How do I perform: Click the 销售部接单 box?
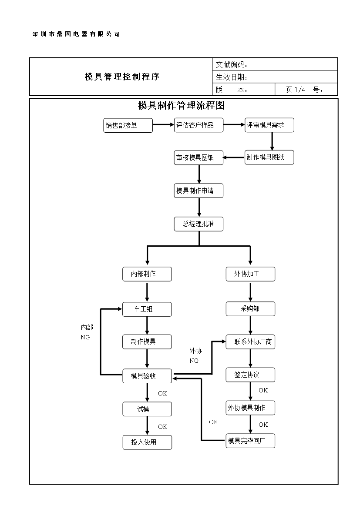tap(128, 125)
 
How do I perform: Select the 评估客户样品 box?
tap(199, 125)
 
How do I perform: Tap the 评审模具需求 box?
tap(269, 125)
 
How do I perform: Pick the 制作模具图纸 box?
tap(269, 157)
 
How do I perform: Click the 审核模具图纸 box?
tap(199, 158)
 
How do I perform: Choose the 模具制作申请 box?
tap(199, 191)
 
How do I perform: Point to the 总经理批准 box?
tap(199, 224)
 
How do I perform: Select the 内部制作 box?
tap(147, 274)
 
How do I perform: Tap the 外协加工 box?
tap(250, 274)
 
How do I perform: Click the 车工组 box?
tap(147, 309)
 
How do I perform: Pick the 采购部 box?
tap(250, 309)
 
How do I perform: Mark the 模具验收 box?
tap(147, 376)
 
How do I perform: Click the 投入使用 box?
tap(147, 442)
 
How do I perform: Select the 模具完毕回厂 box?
tap(250, 441)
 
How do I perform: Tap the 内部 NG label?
tap(87, 332)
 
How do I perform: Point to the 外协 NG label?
tap(195, 355)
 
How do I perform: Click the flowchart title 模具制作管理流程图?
tap(181, 106)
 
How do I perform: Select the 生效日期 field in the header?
tap(232, 77)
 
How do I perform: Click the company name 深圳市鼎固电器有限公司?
tap(76, 34)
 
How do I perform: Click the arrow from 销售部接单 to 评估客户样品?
tap(163, 125)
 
